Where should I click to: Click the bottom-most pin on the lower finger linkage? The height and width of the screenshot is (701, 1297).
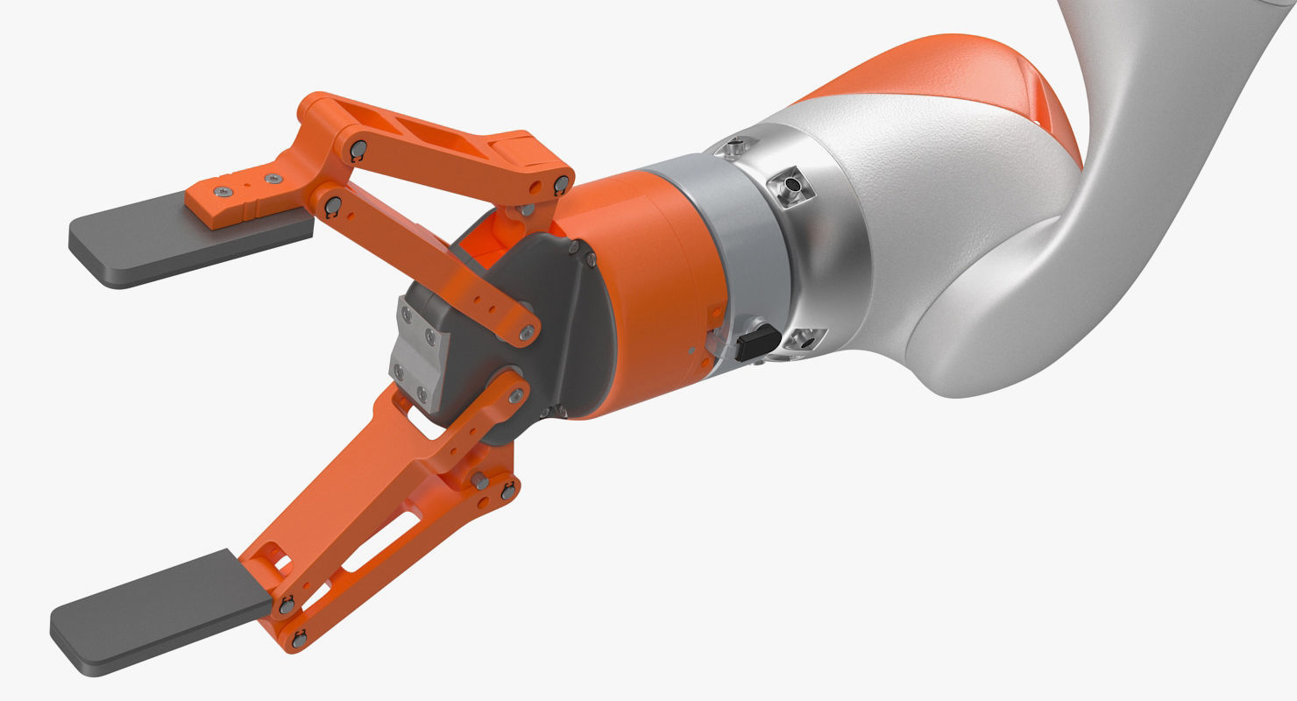click(299, 639)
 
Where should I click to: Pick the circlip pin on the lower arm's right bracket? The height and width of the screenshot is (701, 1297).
click(507, 493)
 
